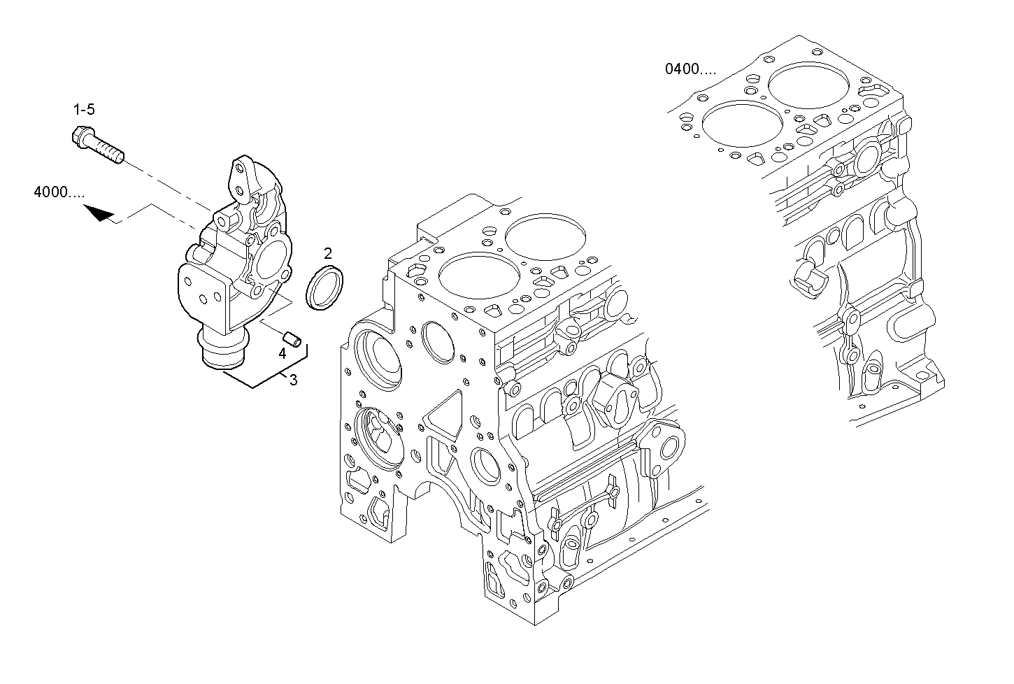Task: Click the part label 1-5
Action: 84,109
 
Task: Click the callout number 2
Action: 327,252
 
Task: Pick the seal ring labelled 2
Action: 326,287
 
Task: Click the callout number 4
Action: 283,354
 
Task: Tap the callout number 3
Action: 293,380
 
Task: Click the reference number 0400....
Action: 690,69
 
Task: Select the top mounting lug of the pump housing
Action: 239,179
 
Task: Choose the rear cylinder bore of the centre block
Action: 543,239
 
